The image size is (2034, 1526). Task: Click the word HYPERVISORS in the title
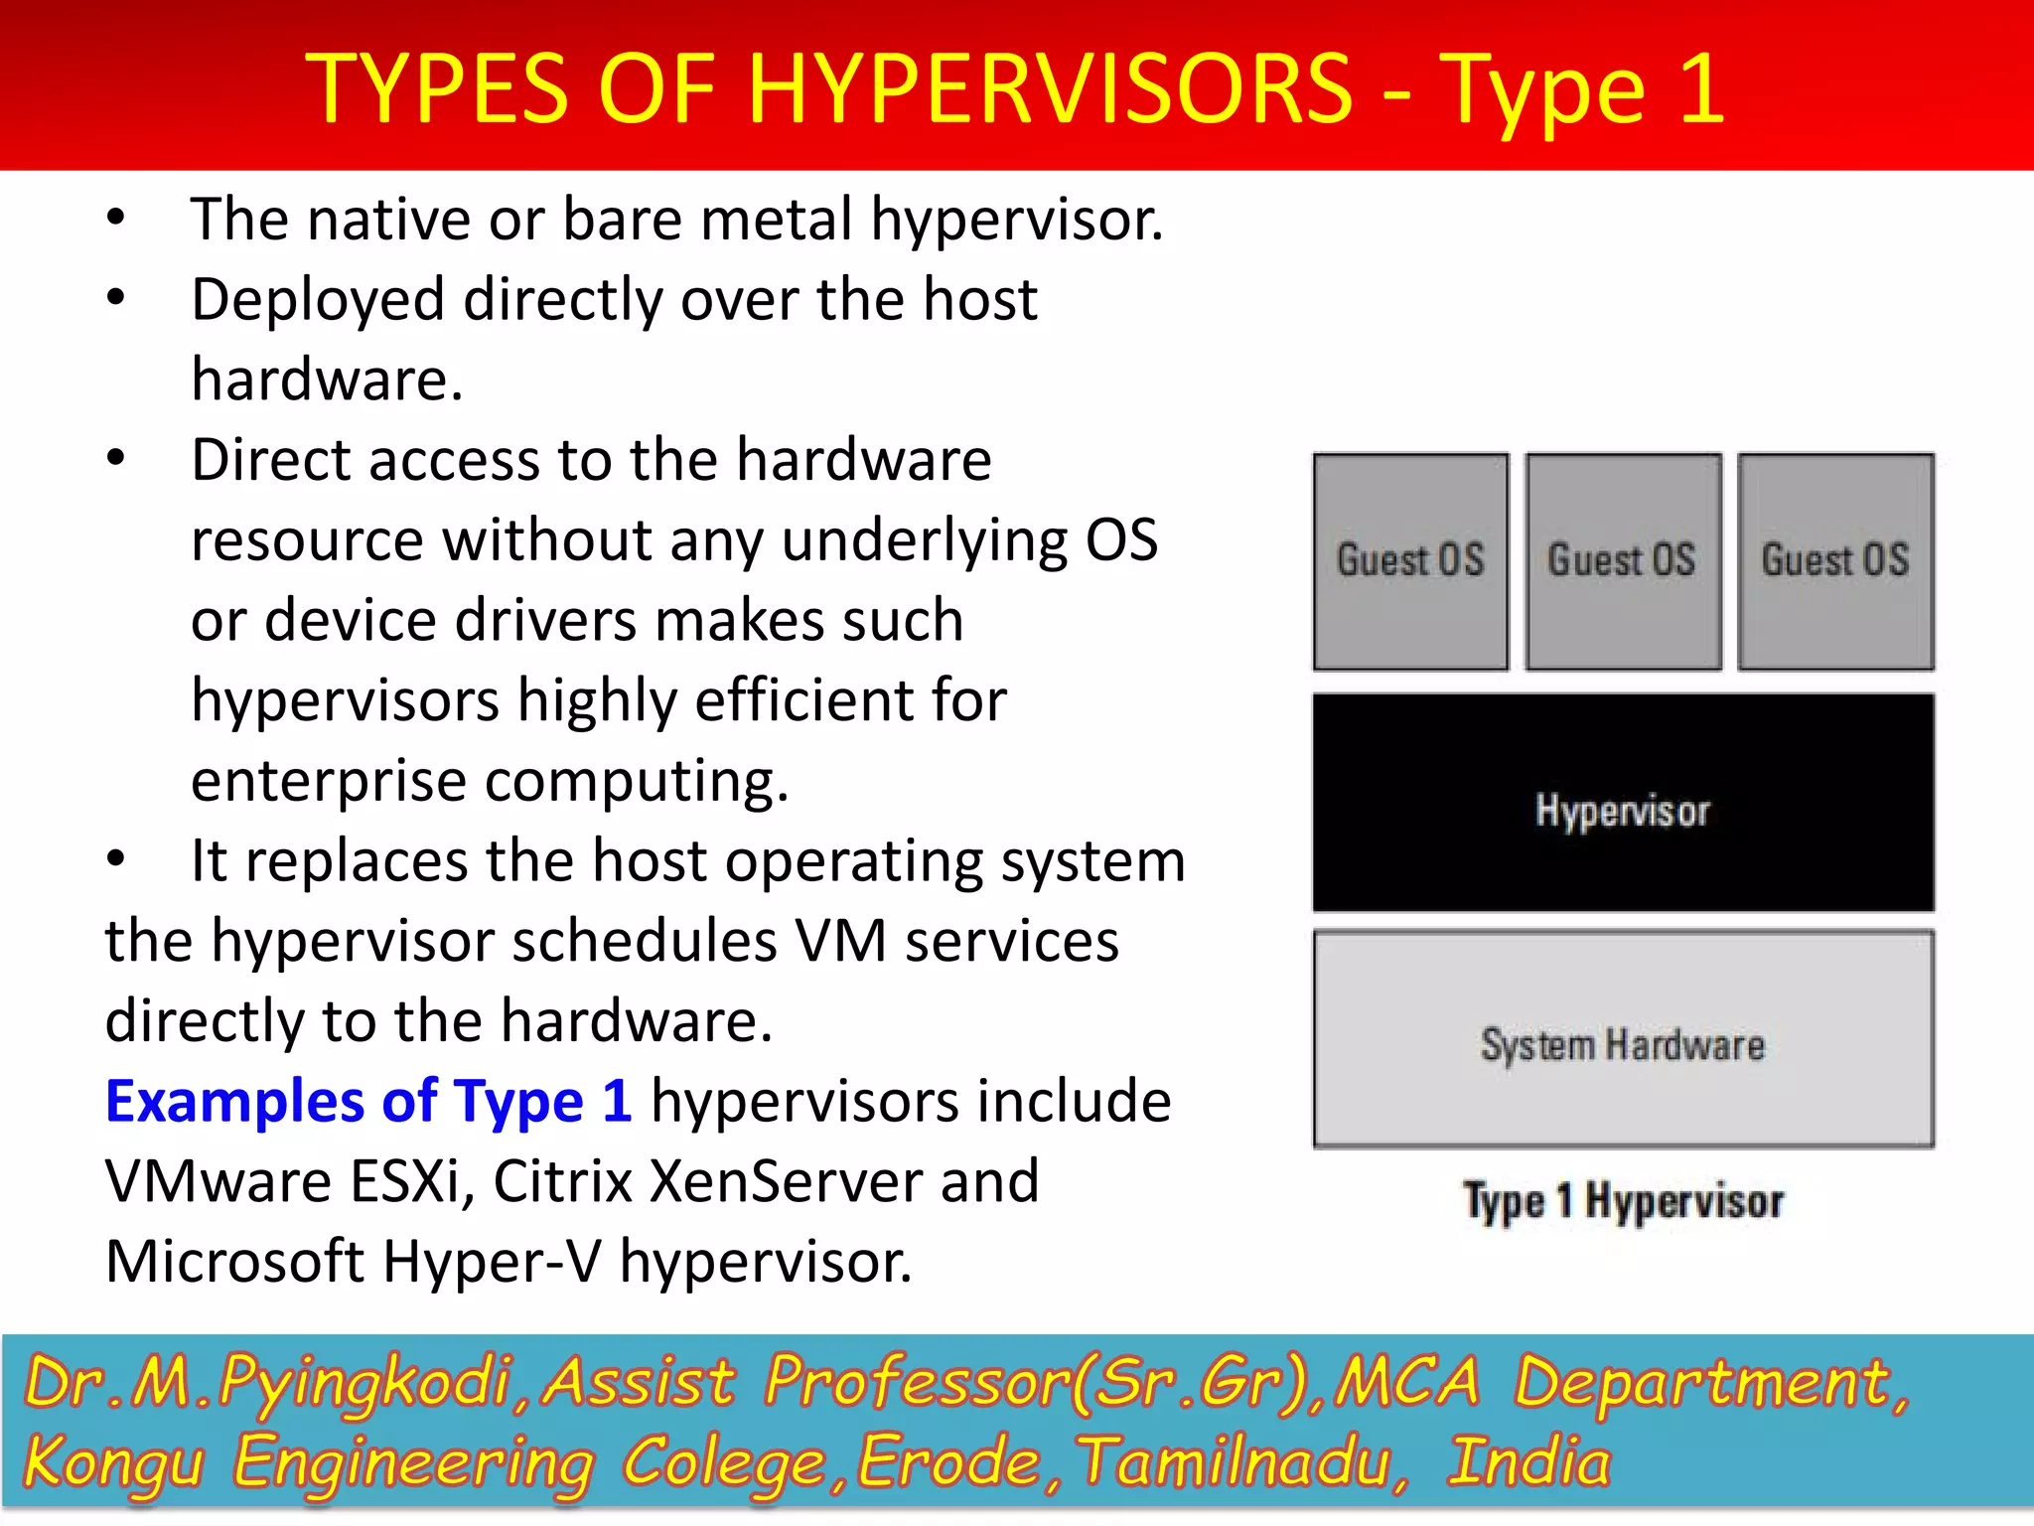[1050, 89]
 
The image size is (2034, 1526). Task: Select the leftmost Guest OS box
[1410, 561]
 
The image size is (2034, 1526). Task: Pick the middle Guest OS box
[1623, 561]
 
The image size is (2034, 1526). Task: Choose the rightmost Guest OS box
[1835, 561]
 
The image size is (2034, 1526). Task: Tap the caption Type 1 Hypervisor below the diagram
[1623, 1201]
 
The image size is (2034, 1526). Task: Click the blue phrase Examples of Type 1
[368, 1102]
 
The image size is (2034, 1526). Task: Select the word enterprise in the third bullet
[329, 782]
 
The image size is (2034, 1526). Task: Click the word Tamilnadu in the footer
[1241, 1462]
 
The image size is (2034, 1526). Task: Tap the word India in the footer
[1529, 1462]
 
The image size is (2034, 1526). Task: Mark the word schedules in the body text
[644, 941]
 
